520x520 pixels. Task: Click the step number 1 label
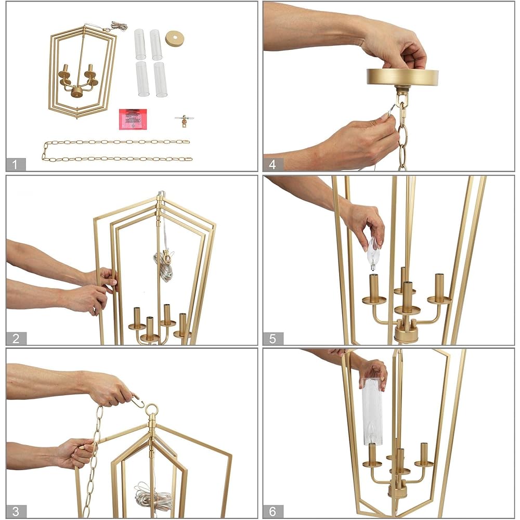tap(16, 165)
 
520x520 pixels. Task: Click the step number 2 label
tap(16, 339)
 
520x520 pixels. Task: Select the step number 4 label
tap(273, 165)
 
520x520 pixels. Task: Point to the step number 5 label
tap(273, 339)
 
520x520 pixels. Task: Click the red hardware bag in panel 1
tap(133, 119)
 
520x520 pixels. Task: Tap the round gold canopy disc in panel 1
tap(175, 38)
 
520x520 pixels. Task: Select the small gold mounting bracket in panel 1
tap(181, 120)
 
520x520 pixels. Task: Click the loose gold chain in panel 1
tap(117, 150)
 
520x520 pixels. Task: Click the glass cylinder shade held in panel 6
tap(372, 411)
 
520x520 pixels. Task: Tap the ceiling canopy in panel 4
tap(402, 77)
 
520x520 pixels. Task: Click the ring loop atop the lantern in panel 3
tap(152, 411)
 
